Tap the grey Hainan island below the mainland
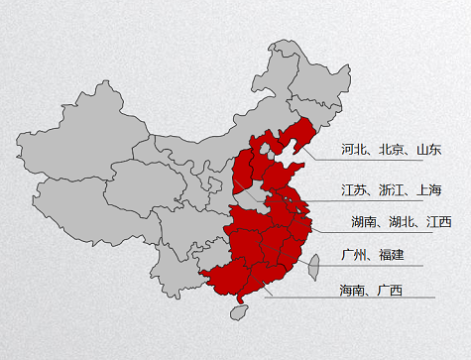tap(238, 312)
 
